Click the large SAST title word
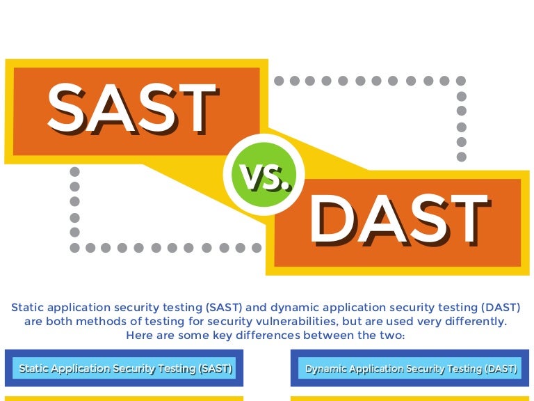(x=132, y=108)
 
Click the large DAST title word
(x=400, y=219)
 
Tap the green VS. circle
(x=264, y=175)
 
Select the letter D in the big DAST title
(x=333, y=219)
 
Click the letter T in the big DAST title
(x=471, y=219)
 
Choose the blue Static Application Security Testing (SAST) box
(x=124, y=368)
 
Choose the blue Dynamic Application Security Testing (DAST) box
(x=410, y=368)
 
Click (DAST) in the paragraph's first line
(x=501, y=308)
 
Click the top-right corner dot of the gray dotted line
(x=461, y=81)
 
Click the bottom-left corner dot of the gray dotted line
(x=75, y=248)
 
